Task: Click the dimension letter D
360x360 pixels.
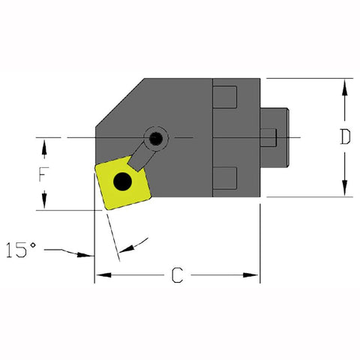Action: pos(344,137)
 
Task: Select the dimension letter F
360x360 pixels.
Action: pos(44,174)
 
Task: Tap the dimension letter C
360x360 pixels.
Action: pos(177,275)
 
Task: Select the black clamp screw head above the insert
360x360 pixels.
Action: pos(156,137)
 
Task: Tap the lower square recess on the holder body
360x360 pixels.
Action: pos(225,178)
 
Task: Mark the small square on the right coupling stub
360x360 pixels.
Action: pos(268,137)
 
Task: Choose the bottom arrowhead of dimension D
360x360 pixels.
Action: pos(344,190)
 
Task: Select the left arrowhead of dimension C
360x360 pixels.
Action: pos(100,275)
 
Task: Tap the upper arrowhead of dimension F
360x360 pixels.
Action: pos(44,143)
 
